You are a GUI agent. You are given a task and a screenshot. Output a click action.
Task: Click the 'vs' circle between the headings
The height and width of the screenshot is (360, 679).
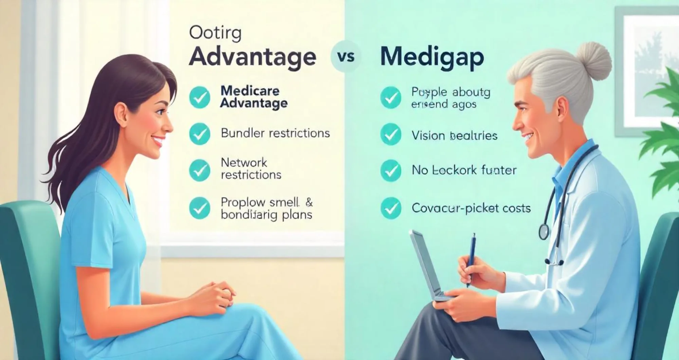coord(346,57)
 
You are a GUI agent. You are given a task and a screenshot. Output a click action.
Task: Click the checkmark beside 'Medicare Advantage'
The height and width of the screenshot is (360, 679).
coord(200,97)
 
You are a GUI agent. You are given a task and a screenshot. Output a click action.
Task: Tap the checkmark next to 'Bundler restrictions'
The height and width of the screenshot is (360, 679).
coord(200,134)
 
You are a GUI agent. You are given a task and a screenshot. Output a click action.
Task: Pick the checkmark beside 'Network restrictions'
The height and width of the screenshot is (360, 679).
coord(200,170)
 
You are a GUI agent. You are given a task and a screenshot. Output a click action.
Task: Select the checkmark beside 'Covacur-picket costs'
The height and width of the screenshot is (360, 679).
coord(391,208)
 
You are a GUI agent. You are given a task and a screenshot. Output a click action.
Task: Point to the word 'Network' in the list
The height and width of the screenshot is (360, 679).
coord(244,163)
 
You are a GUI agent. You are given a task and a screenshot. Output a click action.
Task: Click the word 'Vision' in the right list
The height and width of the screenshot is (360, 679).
coord(428,136)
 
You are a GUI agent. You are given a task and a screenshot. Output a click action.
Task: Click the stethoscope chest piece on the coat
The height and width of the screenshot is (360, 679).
coord(544,231)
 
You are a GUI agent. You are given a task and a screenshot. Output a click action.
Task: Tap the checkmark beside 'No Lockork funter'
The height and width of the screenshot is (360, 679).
coord(391,170)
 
